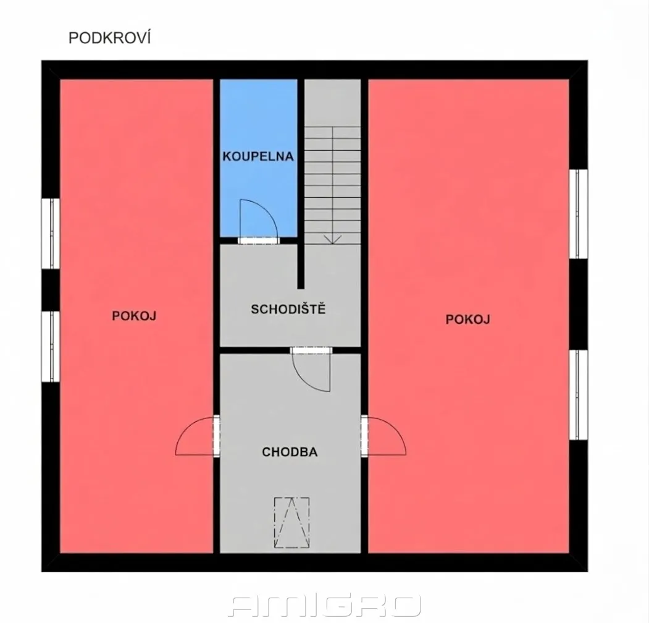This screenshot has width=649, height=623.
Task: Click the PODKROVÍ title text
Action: coord(110,38)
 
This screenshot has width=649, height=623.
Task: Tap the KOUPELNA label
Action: coord(258,156)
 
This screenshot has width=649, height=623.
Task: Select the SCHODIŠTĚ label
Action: coord(288,309)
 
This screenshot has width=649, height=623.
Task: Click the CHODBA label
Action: coord(290,452)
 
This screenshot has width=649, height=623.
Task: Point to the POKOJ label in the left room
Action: coord(134,316)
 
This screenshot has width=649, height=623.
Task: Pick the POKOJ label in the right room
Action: coord(468,320)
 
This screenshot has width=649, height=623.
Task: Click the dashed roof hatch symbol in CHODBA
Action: coord(292,522)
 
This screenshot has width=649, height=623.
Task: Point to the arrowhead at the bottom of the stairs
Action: coord(333,239)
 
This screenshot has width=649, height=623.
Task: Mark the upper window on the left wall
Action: coord(51,234)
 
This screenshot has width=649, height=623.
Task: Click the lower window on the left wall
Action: coord(51,346)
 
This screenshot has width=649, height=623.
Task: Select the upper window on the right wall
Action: coord(578,214)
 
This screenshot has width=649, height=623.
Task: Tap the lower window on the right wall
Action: coord(578,395)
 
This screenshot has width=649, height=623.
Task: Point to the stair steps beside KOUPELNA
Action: coord(333,185)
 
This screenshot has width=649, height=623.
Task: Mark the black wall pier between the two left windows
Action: coord(51,290)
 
